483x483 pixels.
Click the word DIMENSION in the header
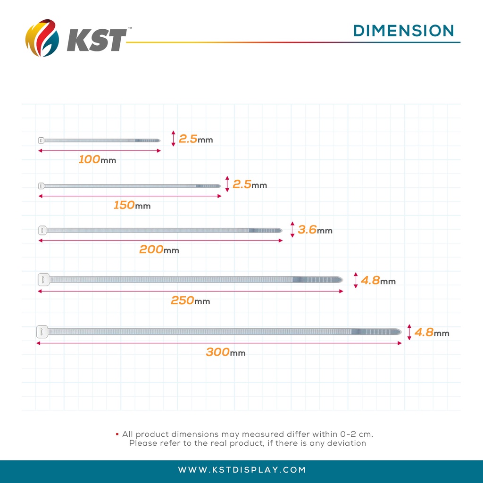(404, 31)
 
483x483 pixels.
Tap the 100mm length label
(97, 160)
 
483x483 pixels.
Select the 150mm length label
(132, 206)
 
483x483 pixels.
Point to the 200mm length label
(159, 250)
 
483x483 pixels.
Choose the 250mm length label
(190, 300)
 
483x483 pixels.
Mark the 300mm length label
(225, 352)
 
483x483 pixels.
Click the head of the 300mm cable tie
(42, 332)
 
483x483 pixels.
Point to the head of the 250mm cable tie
(43, 279)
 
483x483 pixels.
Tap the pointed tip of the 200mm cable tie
(280, 230)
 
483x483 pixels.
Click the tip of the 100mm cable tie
(158, 140)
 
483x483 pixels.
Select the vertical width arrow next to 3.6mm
(292, 230)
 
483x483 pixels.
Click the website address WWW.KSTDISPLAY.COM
(242, 470)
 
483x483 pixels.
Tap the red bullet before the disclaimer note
(117, 433)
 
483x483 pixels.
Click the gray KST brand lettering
(97, 40)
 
